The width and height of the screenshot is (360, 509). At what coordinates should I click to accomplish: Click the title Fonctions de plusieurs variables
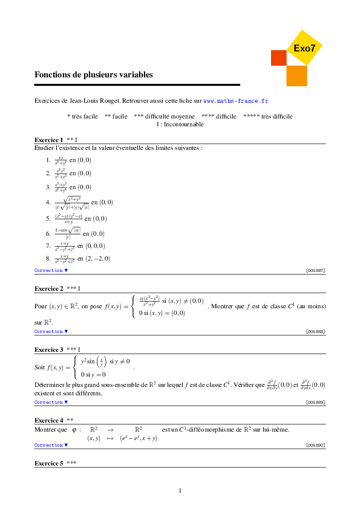(94, 75)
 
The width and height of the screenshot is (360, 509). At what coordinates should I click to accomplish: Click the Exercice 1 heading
(49, 140)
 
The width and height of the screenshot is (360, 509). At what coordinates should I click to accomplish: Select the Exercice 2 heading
(49, 288)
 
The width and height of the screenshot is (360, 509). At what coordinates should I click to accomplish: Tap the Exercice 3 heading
(49, 349)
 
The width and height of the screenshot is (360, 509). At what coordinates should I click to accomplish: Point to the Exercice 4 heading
(49, 420)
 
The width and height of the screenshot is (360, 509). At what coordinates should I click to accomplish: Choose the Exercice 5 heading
(49, 463)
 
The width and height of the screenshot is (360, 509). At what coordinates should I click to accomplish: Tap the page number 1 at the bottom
(180, 490)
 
